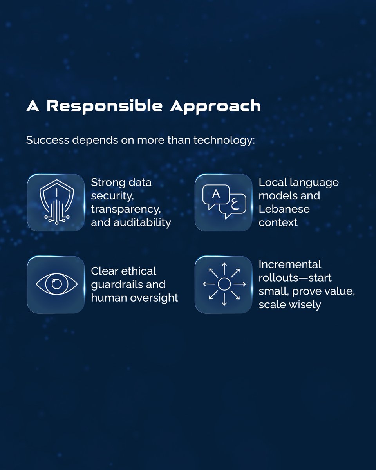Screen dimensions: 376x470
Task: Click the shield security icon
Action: pyautogui.click(x=56, y=202)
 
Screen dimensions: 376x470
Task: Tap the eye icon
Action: pyautogui.click(x=56, y=284)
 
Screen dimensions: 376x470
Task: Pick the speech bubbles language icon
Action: pyautogui.click(x=223, y=202)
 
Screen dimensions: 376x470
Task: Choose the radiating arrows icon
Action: pyautogui.click(x=224, y=284)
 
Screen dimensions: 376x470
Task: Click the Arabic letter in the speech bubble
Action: pyautogui.click(x=235, y=205)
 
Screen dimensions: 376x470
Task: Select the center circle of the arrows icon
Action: pyautogui.click(x=224, y=284)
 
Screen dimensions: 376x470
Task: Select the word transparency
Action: pyautogui.click(x=125, y=209)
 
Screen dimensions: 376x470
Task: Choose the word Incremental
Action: pyautogui.click(x=290, y=264)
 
